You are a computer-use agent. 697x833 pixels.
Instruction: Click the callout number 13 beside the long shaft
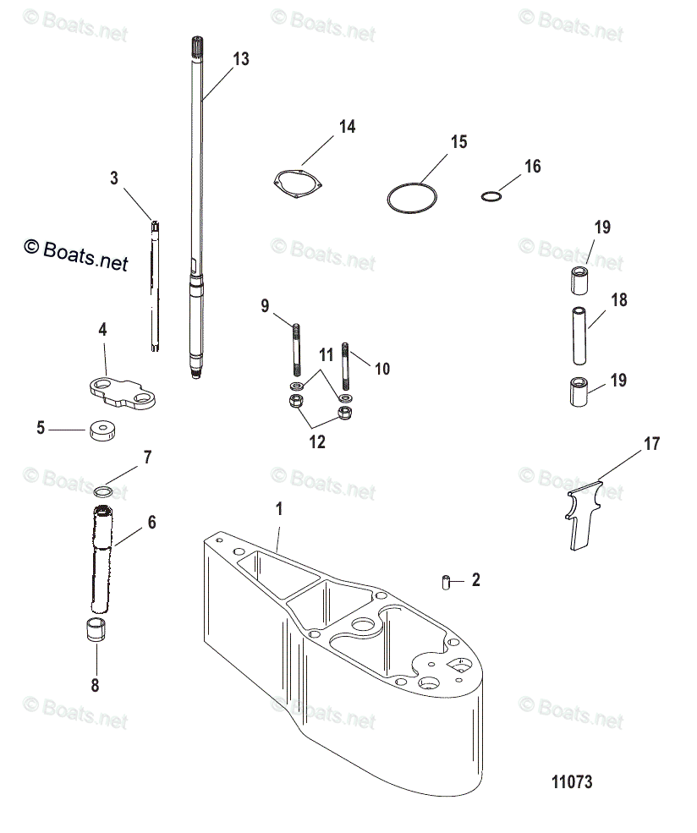[241, 58]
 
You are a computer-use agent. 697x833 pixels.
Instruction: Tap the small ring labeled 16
[491, 197]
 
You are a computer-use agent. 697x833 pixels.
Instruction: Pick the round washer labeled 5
[102, 430]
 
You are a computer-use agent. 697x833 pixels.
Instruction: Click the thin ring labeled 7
[103, 490]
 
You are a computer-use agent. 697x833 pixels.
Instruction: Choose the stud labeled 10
[346, 362]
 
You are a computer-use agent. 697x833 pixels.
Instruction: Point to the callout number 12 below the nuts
[317, 441]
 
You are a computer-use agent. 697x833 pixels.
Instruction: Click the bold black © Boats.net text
[76, 255]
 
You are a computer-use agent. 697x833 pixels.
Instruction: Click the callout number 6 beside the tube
[151, 523]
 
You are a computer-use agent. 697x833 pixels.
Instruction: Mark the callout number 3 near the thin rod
[114, 178]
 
